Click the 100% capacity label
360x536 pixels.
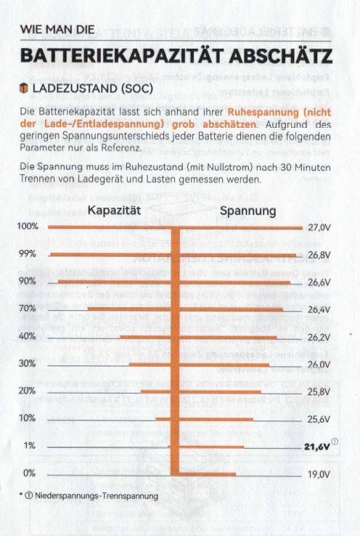click(28, 226)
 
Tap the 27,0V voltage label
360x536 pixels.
click(319, 227)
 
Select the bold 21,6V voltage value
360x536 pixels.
click(317, 447)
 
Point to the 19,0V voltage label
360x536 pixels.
click(319, 474)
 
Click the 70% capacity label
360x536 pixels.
click(27, 309)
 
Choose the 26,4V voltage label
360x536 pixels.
click(319, 309)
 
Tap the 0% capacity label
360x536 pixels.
click(29, 473)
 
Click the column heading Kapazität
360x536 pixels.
click(114, 210)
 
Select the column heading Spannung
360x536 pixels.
click(248, 211)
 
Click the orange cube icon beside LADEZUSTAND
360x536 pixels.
click(23, 88)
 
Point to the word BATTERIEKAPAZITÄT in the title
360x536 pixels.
click(123, 56)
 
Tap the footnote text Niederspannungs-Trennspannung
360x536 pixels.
click(97, 495)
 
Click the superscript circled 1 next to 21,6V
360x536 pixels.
click(335, 442)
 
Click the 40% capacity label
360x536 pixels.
click(27, 336)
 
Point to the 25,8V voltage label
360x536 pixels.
click(319, 392)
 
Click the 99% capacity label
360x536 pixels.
click(28, 253)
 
